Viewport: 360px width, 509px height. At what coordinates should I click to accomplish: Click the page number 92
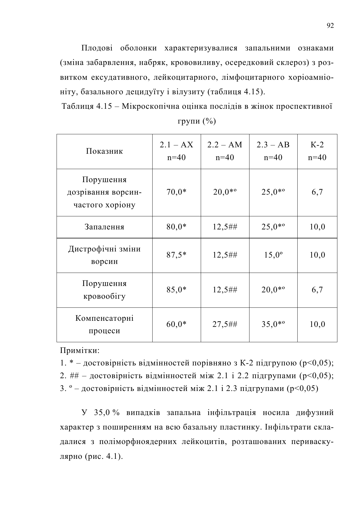click(x=330, y=26)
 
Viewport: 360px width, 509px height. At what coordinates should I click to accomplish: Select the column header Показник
click(x=104, y=151)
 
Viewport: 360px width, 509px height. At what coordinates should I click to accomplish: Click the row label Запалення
click(x=104, y=227)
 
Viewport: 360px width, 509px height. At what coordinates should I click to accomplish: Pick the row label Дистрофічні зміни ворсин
click(x=104, y=255)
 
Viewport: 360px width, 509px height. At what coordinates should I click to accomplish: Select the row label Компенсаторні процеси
click(x=104, y=324)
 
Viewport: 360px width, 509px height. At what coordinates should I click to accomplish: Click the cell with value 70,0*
click(x=176, y=192)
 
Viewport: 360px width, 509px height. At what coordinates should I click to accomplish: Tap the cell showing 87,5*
click(x=176, y=255)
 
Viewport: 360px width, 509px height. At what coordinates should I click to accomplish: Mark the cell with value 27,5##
click(x=225, y=324)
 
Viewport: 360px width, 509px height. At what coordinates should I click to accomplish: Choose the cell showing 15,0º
click(x=273, y=255)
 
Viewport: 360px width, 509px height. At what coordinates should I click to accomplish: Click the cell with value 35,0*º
click(x=273, y=324)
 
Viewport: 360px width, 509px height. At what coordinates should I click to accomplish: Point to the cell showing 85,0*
click(x=176, y=289)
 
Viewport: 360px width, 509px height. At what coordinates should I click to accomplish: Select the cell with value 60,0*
click(x=176, y=324)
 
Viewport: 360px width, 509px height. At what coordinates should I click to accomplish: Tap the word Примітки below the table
click(x=80, y=350)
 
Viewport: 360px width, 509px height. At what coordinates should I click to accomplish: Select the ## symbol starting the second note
click(x=74, y=376)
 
